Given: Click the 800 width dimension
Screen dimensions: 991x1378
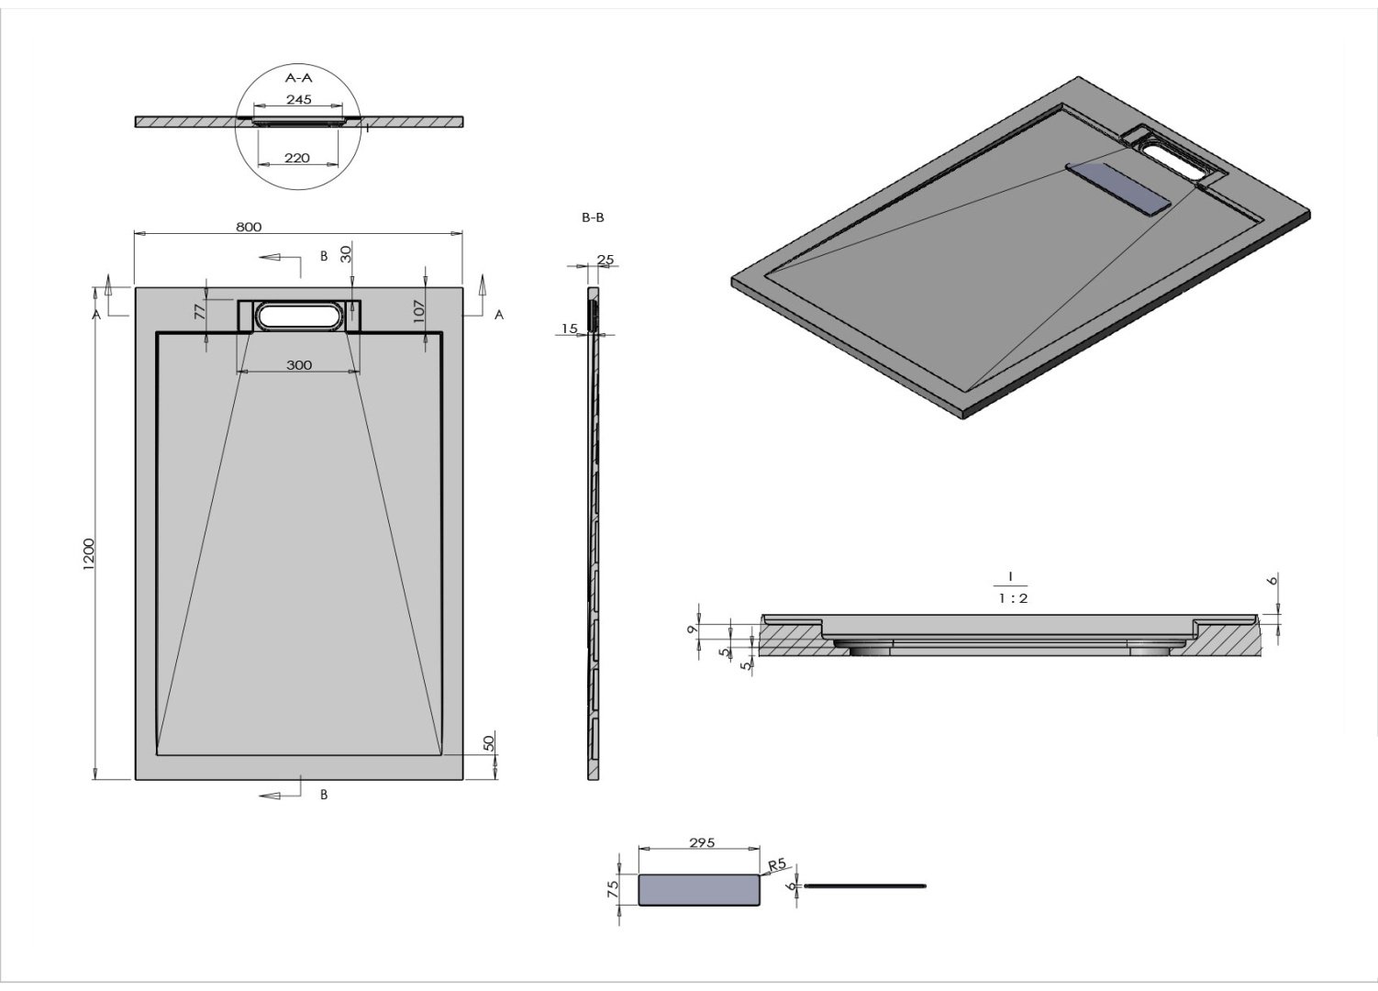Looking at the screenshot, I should (x=249, y=227).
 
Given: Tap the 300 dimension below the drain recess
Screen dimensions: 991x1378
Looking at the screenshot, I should (x=299, y=365).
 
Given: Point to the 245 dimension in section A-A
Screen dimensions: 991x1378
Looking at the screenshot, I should (x=299, y=99).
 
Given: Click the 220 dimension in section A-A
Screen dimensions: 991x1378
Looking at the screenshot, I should (x=296, y=158).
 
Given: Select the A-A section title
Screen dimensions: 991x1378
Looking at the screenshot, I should (x=299, y=78).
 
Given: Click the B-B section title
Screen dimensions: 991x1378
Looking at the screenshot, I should (x=593, y=217).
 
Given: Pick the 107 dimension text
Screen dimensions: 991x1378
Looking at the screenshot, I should (x=418, y=311).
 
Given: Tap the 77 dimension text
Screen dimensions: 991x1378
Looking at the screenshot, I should (x=200, y=312).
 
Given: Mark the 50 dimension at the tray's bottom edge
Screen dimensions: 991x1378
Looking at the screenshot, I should (x=489, y=741).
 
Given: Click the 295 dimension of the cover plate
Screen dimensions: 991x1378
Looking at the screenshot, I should (x=701, y=842).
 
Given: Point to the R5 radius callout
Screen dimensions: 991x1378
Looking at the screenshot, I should (x=776, y=864).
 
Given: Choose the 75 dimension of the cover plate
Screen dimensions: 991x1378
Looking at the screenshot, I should (x=613, y=888).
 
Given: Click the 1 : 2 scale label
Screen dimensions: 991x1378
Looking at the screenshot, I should (x=1012, y=598).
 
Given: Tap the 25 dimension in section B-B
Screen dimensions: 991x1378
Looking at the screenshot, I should (x=606, y=260).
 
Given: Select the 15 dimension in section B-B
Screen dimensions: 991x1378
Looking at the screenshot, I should (x=569, y=328).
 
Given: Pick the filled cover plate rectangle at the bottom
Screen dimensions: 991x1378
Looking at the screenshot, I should (x=699, y=890).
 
